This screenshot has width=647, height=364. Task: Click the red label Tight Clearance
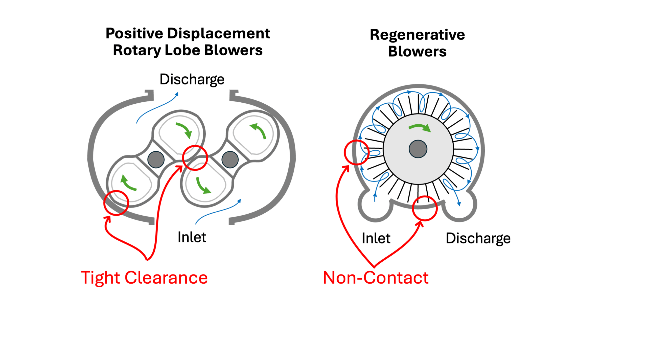coord(144,278)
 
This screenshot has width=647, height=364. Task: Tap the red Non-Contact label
coord(376,278)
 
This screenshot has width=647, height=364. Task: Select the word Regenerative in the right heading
coord(417,35)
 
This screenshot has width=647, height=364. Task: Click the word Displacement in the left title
coord(219,33)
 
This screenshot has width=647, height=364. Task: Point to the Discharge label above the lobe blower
coord(192,79)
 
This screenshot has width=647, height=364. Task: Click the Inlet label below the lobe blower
coord(192,237)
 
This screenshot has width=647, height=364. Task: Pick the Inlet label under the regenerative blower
coord(376,238)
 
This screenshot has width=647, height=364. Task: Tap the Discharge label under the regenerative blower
coord(478,238)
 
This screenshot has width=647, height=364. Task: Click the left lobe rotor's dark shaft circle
coord(156,160)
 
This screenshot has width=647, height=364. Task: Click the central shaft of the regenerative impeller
coord(418,149)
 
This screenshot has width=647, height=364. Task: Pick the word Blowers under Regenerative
coord(417,52)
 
